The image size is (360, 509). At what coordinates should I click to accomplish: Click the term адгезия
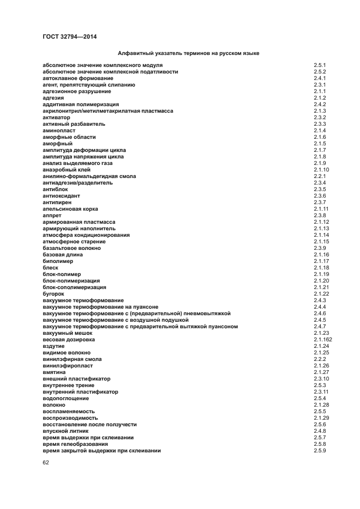53,98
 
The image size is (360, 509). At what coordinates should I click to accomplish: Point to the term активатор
56,118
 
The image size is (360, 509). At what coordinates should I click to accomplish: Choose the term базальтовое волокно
71,248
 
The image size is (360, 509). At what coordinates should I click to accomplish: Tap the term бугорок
53,294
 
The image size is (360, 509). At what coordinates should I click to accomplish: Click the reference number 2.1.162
322,340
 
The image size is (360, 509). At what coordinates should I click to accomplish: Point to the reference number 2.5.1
320,65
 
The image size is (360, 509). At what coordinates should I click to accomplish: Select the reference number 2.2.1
320,176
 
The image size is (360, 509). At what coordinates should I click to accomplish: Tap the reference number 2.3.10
321,379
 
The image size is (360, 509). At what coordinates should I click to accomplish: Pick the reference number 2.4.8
320,431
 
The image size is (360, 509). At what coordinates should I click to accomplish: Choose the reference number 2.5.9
320,451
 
